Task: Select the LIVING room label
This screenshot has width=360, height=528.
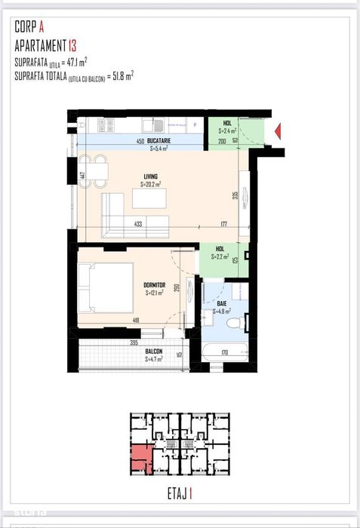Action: tap(151, 177)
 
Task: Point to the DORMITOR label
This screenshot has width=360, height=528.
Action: tap(155, 285)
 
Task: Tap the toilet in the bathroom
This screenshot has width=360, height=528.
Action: tap(233, 324)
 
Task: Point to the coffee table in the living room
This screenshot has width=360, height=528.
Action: tap(149, 198)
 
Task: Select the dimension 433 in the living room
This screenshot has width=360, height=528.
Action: tap(138, 224)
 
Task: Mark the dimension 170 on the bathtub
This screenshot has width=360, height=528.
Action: tap(225, 351)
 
